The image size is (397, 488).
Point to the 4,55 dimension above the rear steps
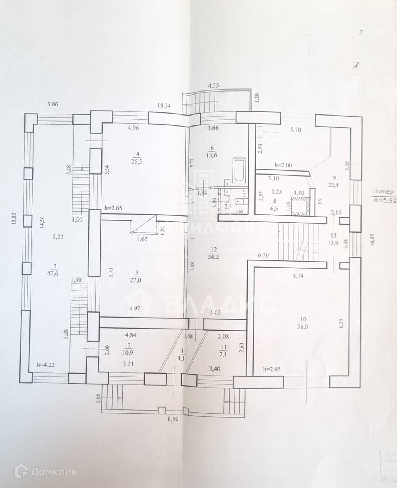pos(213,86)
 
